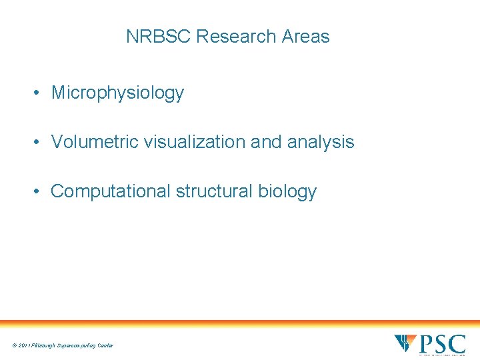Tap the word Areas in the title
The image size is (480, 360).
306,37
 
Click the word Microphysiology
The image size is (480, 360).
117,93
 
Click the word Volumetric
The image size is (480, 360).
93,142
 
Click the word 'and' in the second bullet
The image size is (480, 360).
268,142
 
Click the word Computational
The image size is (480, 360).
111,191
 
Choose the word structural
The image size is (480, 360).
213,191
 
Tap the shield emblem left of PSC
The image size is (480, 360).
405,343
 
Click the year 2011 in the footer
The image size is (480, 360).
24,345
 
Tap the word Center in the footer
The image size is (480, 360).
105,345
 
